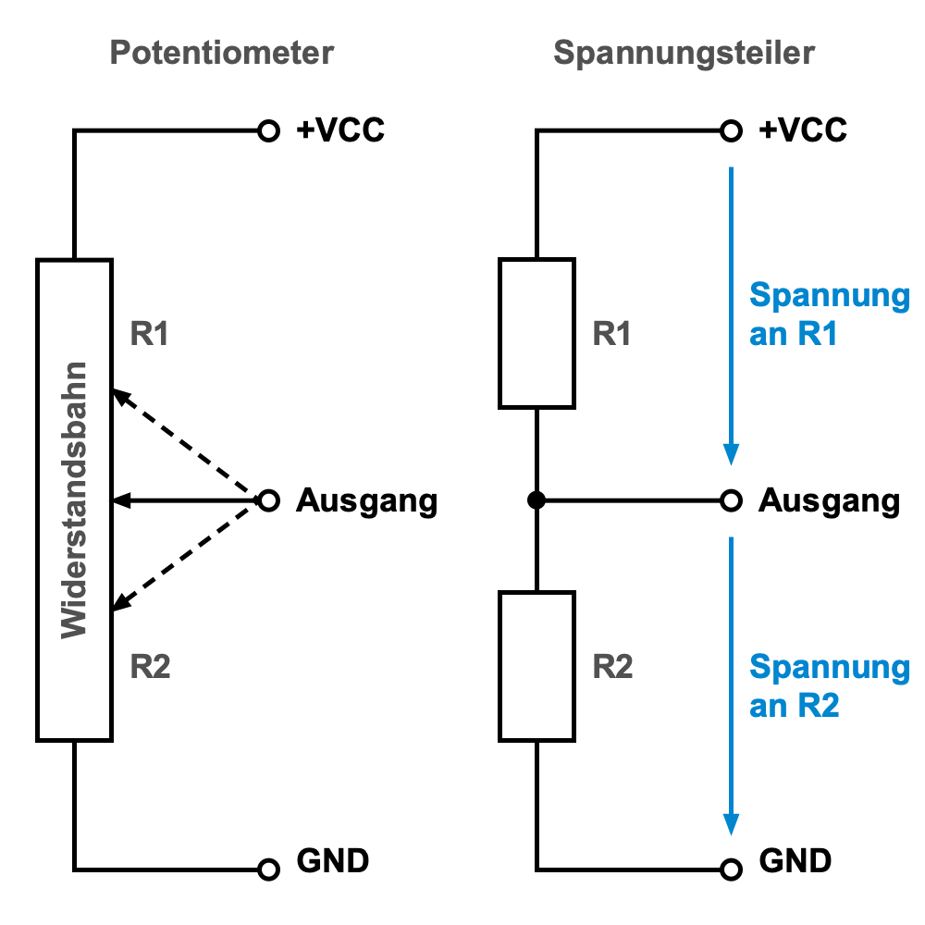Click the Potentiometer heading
221,53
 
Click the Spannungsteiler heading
684,53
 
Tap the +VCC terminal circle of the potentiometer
268,130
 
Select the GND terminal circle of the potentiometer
268,869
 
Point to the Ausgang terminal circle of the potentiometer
268,500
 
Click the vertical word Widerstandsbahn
74,499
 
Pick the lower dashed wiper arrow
185,557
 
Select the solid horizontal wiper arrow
185,500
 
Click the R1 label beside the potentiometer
150,334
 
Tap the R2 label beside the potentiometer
150,666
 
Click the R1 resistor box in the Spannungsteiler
536,333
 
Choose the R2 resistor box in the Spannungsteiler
536,666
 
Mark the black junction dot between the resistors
536,500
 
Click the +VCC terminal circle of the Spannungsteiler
732,130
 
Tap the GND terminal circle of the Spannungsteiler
732,869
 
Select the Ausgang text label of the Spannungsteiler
829,501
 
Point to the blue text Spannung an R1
829,314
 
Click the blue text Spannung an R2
829,685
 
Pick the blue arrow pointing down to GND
732,684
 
